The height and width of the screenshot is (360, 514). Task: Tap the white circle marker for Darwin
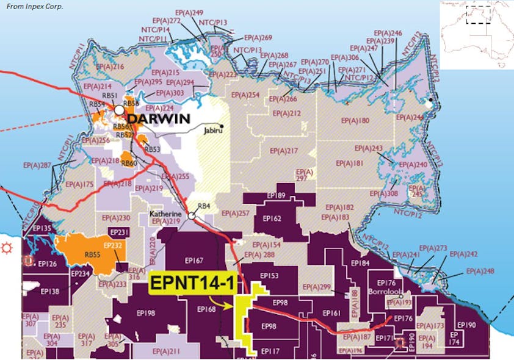(120, 110)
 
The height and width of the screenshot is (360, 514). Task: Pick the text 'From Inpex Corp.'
(34, 6)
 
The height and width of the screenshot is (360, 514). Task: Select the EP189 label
(276, 195)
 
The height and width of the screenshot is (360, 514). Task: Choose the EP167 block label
(194, 261)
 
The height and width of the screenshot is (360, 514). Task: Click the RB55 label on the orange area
(93, 254)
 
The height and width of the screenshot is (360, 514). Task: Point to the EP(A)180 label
(356, 120)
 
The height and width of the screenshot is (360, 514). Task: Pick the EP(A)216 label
(110, 67)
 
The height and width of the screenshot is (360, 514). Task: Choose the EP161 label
(331, 313)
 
